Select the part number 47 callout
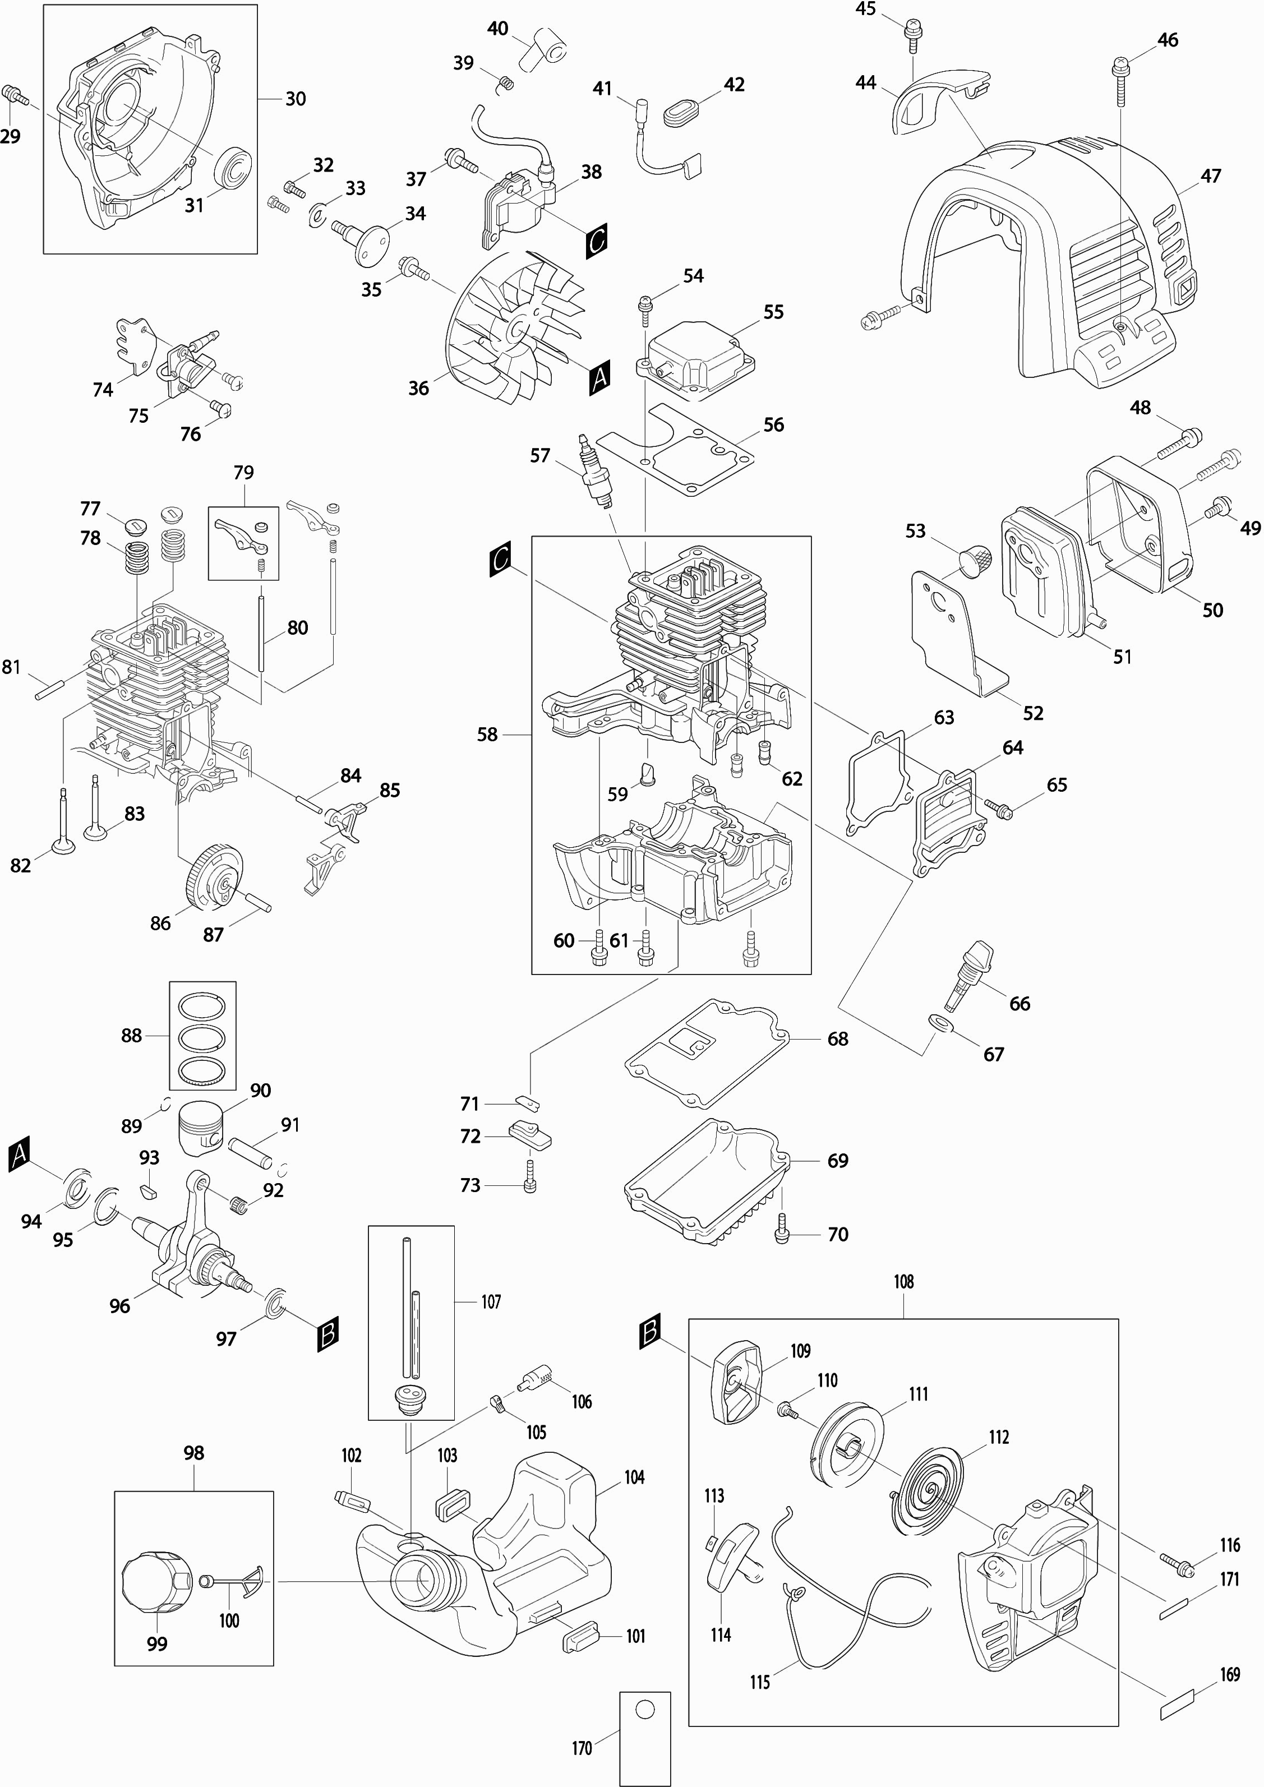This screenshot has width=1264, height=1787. pos(1210,176)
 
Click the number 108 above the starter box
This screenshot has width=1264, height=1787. pos(903,1281)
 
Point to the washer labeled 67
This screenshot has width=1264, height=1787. pos(940,1022)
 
